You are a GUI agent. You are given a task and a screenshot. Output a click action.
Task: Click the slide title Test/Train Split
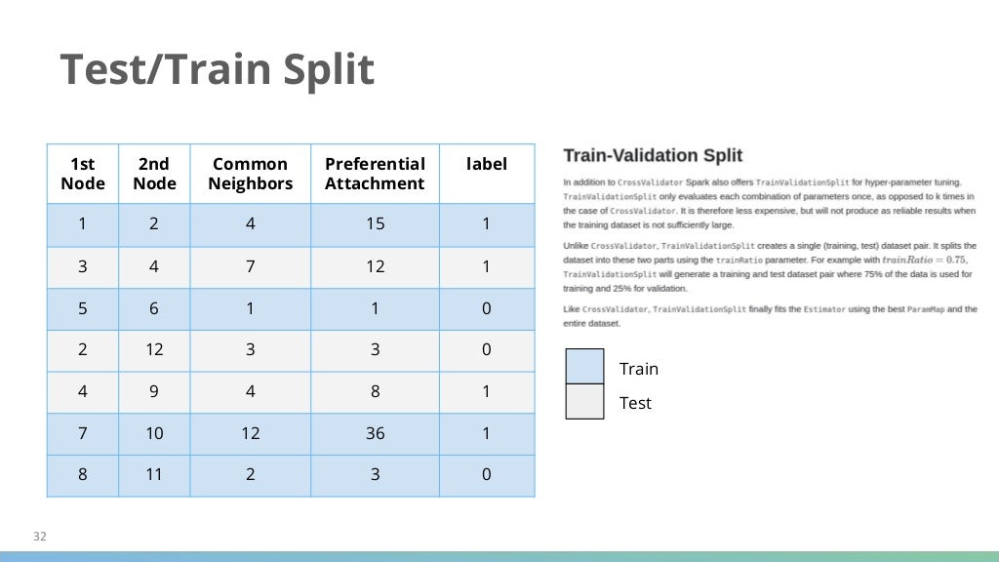coord(217,70)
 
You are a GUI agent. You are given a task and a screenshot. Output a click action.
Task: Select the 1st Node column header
coord(82,174)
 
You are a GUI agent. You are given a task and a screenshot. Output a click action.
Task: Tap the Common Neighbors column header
coord(250,174)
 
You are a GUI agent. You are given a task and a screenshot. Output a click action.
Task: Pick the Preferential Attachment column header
coord(375,174)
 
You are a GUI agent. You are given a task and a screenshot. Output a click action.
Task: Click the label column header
coord(487,164)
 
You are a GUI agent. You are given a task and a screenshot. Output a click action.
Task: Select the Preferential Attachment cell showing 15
coord(375,224)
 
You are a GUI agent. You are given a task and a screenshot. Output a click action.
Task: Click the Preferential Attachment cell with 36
coord(375,433)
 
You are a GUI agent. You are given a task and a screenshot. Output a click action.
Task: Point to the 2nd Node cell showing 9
coord(154,391)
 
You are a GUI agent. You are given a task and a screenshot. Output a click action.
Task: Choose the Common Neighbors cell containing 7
coord(250,266)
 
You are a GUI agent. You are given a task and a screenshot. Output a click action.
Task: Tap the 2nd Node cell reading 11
coord(154,475)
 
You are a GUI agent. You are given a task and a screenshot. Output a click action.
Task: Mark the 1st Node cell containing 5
coord(82,308)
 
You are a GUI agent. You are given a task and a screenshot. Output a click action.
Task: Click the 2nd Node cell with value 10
coord(154,433)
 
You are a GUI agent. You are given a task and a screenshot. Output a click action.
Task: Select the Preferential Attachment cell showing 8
coord(375,391)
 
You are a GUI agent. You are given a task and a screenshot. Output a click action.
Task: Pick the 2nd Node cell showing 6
coord(154,308)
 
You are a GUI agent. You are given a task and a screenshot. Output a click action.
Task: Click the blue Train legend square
coord(584,367)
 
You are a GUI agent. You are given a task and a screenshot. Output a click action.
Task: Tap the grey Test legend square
coord(584,401)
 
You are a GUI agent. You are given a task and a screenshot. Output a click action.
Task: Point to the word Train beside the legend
coord(639,369)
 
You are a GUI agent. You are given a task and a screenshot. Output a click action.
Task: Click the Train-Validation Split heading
coord(653,155)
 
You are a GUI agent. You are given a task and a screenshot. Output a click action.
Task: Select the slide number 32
coord(40,537)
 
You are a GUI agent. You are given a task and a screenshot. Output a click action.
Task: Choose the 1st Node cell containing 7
coord(82,433)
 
